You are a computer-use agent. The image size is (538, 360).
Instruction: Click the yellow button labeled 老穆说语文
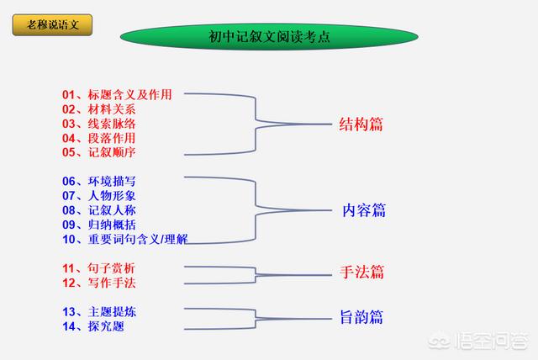tap(52, 24)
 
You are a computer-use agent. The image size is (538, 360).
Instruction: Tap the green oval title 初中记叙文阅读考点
tap(269, 36)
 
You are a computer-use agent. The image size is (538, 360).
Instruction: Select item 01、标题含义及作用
tap(117, 95)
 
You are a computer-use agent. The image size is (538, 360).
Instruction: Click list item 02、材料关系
tap(99, 109)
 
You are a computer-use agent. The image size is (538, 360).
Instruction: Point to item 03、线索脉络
tap(99, 124)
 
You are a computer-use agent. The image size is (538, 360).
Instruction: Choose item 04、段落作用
tap(99, 138)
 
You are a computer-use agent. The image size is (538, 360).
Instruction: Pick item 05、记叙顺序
tap(99, 152)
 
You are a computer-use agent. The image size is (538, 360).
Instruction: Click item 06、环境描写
tap(99, 181)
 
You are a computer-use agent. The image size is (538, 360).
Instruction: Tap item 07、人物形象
tap(99, 196)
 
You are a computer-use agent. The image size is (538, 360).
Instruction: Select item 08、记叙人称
tap(99, 210)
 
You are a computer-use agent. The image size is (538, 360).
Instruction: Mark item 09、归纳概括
tap(99, 225)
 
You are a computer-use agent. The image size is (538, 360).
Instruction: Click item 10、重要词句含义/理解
tap(125, 239)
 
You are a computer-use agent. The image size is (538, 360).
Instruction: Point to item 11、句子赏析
tap(98, 268)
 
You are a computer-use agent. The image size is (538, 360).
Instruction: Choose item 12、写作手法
tap(99, 283)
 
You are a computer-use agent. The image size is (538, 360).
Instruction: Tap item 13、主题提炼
tap(99, 312)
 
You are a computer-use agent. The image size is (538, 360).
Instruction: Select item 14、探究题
tap(93, 326)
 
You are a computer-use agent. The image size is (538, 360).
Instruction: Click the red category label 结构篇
tap(361, 124)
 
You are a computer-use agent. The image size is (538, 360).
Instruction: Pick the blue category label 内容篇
tap(364, 210)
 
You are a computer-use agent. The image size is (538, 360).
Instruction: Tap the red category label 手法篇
tap(362, 273)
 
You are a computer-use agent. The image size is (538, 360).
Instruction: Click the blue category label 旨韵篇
tap(361, 317)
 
